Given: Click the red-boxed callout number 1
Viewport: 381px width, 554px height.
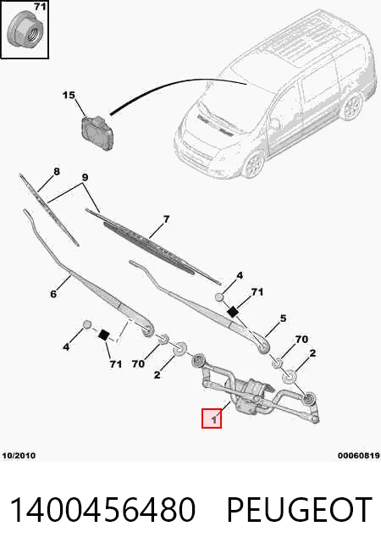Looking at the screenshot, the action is (213, 420).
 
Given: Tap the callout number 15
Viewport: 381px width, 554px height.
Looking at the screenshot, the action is (69, 96).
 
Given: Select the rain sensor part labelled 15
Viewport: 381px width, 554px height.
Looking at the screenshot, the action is (97, 132).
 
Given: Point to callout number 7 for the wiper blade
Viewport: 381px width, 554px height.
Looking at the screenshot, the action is (166, 219).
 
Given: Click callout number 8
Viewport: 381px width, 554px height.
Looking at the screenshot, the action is (56, 172).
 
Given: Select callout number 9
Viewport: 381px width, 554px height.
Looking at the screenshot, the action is (85, 177).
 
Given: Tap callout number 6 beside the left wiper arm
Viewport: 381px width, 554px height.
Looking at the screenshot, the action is (53, 294).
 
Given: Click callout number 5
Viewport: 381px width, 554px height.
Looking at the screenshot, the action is (283, 319).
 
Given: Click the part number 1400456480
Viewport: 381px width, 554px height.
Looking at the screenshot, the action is (102, 509).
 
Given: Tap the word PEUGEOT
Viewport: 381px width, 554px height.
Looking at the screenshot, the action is (299, 509).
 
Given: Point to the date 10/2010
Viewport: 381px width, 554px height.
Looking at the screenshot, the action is (19, 456).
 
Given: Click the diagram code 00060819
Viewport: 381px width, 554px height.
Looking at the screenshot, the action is (358, 456).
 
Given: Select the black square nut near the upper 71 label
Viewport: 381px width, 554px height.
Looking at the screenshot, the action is (232, 312).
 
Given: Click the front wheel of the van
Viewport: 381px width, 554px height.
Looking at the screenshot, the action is (253, 164).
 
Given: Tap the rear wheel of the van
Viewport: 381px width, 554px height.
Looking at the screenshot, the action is (351, 108).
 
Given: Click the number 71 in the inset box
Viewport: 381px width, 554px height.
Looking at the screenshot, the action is (41, 7).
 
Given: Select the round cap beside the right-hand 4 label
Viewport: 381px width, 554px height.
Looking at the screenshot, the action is (220, 297).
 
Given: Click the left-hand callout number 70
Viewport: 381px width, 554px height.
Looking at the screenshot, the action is (138, 363).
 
